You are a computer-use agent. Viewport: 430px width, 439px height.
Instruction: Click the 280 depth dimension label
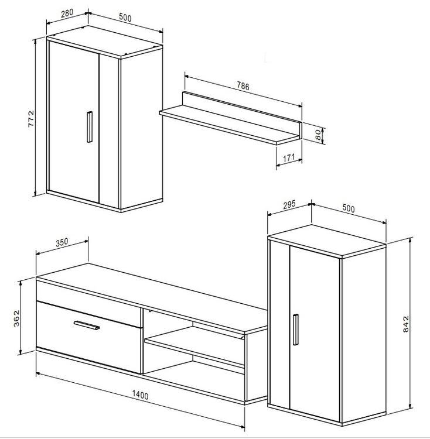tap(67, 13)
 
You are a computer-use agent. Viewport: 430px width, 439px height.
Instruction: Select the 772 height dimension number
tap(31, 119)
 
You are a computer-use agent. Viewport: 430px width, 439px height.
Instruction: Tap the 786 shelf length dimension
tap(243, 86)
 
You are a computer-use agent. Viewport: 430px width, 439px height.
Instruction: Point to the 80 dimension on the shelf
tap(318, 135)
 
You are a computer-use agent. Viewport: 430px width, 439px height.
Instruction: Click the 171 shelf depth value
tap(289, 158)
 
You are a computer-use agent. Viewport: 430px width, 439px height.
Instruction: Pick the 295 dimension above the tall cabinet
tap(289, 205)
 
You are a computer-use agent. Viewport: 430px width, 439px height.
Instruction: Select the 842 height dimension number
tap(406, 324)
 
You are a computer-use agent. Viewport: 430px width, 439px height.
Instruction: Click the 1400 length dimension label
tap(140, 395)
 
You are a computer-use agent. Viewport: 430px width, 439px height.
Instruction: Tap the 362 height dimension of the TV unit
tap(17, 318)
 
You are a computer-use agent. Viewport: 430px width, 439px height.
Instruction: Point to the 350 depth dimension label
tap(62, 242)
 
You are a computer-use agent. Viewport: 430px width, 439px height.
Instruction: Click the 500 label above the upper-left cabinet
tap(125, 18)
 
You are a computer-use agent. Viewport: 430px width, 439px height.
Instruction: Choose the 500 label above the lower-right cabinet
tap(349, 208)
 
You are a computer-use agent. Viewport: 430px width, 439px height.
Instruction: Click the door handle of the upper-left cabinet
tap(90, 127)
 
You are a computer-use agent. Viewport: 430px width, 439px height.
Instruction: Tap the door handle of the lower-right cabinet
tap(295, 330)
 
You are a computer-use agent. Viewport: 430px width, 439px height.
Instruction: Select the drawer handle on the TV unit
tap(87, 325)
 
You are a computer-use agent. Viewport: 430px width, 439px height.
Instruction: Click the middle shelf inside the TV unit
tap(194, 344)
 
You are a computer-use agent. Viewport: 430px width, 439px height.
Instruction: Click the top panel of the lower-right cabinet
tap(327, 241)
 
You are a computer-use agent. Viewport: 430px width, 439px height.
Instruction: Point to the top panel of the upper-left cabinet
tap(104, 42)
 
